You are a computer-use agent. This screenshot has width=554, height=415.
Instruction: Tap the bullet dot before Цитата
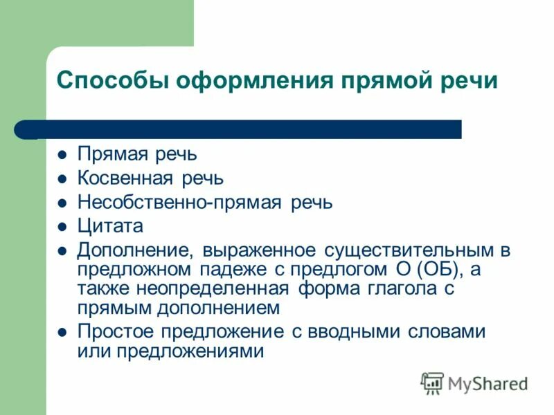click(x=62, y=226)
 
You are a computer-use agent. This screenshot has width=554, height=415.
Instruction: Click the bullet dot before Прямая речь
click(x=62, y=154)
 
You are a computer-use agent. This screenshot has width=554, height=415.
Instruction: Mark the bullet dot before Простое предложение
click(x=62, y=331)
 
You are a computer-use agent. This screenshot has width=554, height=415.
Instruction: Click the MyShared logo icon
click(x=432, y=382)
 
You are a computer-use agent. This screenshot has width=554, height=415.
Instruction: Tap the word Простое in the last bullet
click(x=111, y=331)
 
